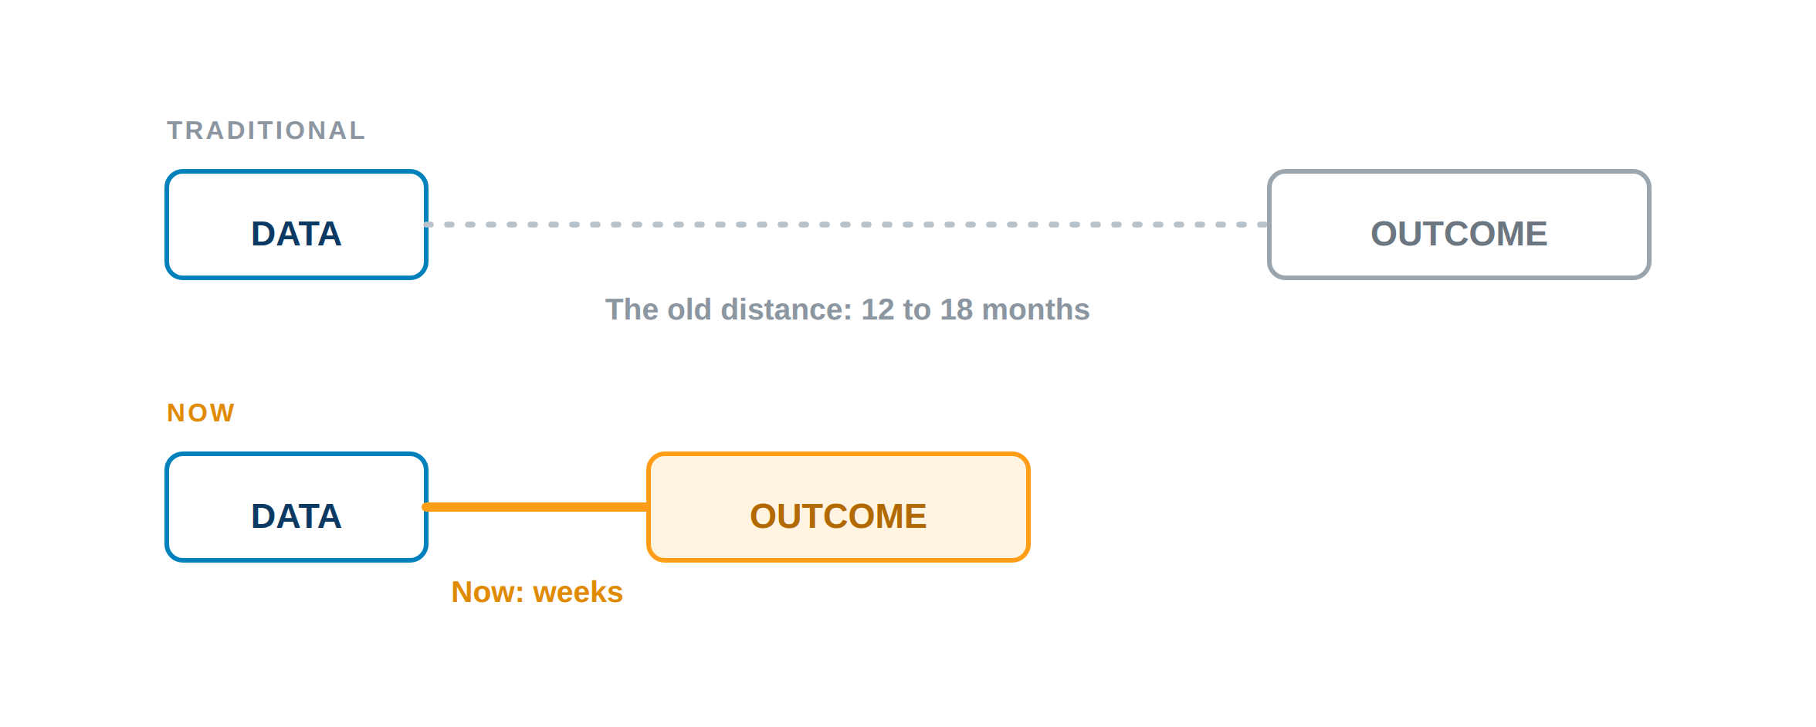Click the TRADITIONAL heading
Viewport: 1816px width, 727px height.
(266, 130)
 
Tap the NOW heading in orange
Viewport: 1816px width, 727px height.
(201, 413)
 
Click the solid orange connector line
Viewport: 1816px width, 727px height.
(537, 507)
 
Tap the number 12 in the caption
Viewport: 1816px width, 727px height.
(877, 309)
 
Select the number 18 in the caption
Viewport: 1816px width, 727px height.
(957, 309)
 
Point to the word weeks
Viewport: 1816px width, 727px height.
(578, 592)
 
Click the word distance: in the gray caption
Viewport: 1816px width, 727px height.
(786, 309)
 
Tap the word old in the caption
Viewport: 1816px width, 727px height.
(689, 309)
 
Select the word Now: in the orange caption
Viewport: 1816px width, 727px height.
(488, 592)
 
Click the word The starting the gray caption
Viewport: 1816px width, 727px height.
(632, 309)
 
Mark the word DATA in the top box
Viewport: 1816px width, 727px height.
(296, 234)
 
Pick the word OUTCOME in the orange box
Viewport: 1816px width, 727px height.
(839, 516)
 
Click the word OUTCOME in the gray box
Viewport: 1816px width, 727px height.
(1459, 234)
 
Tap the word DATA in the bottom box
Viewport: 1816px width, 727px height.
(296, 516)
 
